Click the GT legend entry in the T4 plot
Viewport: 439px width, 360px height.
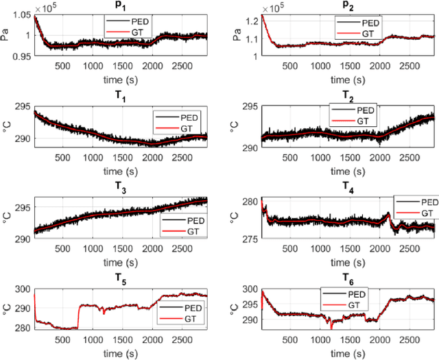(421, 213)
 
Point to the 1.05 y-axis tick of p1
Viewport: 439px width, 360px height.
(20, 16)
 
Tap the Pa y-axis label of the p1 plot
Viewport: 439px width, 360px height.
(6, 36)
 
